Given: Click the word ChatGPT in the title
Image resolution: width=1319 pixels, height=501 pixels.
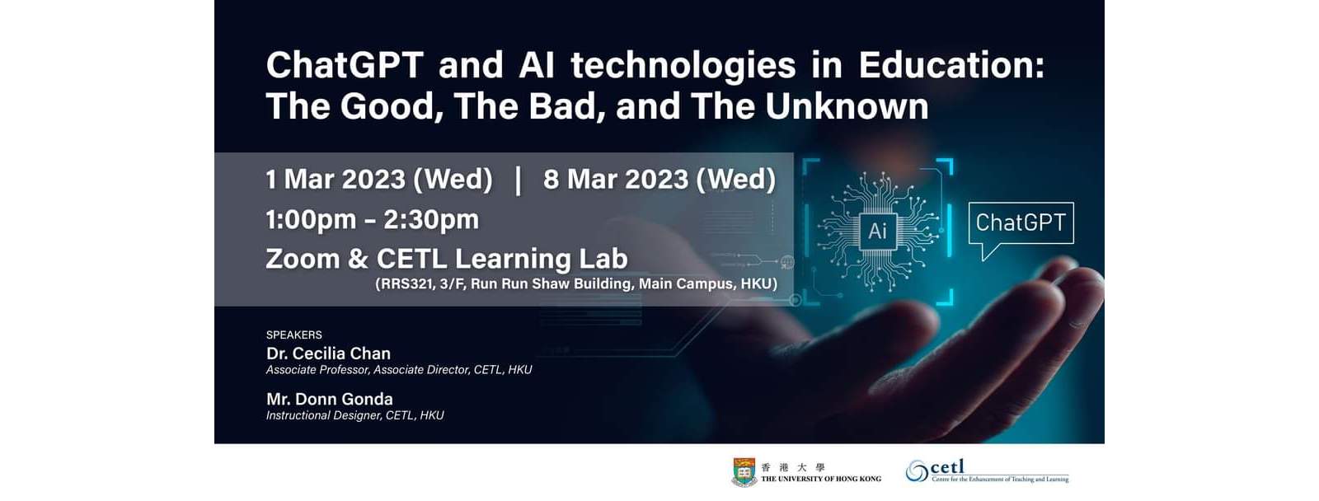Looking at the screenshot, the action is point(345,65).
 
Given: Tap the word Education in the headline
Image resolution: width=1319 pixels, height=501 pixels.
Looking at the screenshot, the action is point(951,65).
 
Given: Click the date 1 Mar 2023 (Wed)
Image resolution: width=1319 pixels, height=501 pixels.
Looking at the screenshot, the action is point(379,180).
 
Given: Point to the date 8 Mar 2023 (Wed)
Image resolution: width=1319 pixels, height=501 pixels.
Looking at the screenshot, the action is point(659,180).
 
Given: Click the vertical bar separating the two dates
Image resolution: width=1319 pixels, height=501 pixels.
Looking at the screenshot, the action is point(519,180).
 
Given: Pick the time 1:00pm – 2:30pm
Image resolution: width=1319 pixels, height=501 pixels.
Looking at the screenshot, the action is point(372,219).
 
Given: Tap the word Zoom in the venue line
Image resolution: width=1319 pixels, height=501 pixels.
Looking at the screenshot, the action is point(303,259).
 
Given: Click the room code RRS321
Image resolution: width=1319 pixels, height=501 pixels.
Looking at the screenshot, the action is point(406,283).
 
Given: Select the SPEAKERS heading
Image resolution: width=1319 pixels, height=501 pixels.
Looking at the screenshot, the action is point(293,335).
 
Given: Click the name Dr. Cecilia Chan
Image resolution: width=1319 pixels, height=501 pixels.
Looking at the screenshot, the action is point(329,354).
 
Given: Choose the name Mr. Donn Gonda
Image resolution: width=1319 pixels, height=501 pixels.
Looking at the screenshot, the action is point(330,399).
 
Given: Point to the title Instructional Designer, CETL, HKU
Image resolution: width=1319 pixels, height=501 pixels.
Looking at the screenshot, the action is point(355,415).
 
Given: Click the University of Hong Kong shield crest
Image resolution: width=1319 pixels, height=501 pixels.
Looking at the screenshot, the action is point(744,472).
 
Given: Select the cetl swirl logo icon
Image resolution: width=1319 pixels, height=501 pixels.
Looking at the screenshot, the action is point(917,471).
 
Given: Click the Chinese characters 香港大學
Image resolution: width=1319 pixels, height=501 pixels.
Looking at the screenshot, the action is point(793,467).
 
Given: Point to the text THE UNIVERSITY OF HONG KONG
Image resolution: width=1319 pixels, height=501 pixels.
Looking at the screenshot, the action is point(821,480).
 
